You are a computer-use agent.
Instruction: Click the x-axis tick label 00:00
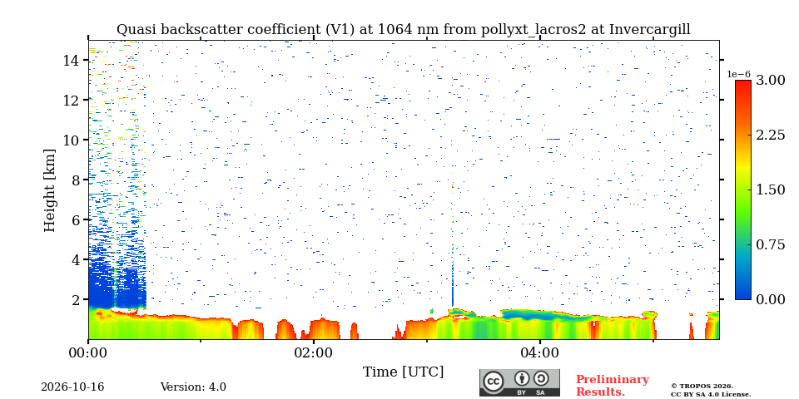[89, 352]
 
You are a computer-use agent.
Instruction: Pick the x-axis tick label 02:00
[314, 352]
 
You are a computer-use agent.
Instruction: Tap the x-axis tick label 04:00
[539, 352]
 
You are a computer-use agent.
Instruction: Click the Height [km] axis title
[49, 190]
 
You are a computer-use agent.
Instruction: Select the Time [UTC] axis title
[403, 372]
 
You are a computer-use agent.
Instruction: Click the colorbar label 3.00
[770, 81]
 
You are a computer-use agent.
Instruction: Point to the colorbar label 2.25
[770, 135]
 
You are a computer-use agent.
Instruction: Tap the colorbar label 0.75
[770, 244]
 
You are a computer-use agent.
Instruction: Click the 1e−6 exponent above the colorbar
[739, 74]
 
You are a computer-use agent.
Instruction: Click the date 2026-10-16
[72, 387]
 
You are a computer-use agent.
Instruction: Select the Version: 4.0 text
[193, 387]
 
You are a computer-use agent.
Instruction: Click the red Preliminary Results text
[613, 386]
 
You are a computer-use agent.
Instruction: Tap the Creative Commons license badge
[519, 382]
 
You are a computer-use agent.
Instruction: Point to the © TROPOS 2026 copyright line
[702, 387]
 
